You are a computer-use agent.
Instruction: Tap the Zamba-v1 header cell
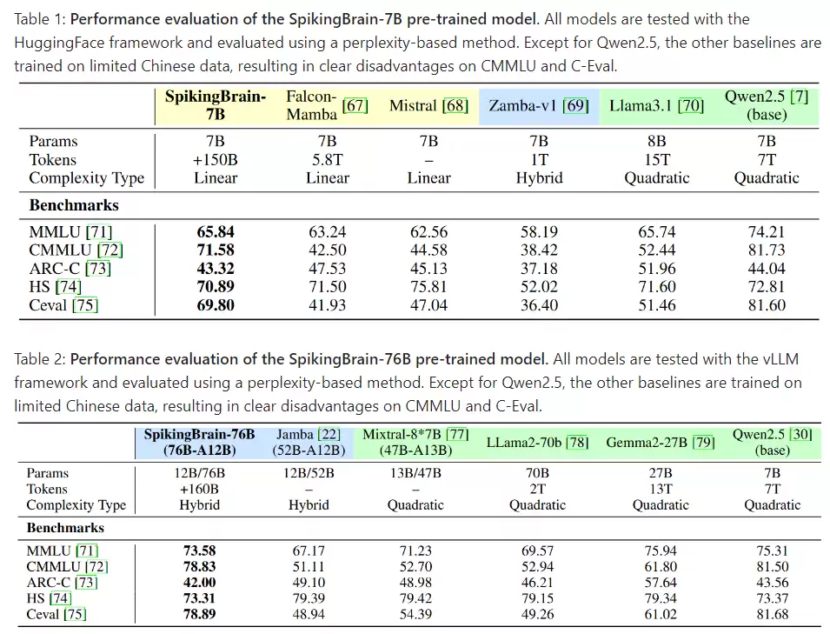[538, 105]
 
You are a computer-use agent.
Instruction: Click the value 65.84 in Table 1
[216, 231]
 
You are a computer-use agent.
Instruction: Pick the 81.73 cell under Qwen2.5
[766, 250]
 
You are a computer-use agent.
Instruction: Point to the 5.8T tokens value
[327, 159]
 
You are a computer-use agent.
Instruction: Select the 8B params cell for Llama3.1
[656, 141]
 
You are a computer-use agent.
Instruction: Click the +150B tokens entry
[216, 159]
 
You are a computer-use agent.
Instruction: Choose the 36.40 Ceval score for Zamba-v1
[539, 305]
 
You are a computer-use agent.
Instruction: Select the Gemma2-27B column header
[661, 442]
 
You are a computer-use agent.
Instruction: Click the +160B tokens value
[199, 489]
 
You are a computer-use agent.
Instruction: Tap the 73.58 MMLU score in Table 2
[199, 550]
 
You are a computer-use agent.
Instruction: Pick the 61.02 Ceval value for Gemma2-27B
[661, 614]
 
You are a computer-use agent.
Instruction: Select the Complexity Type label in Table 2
[76, 505]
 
